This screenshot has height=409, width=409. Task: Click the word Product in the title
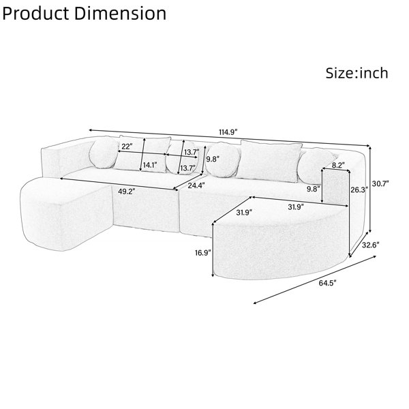tap(36, 14)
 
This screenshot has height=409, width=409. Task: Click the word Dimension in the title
tap(121, 14)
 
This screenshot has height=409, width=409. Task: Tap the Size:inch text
tap(357, 73)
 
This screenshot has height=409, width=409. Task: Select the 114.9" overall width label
tap(228, 132)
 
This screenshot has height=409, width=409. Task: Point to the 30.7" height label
tap(380, 183)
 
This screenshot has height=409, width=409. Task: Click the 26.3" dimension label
tap(359, 190)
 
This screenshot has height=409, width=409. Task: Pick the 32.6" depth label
tap(370, 245)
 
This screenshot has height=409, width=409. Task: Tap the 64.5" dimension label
tap(328, 283)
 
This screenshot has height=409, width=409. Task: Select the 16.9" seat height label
tap(202, 252)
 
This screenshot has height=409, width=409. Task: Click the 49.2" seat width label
tap(127, 192)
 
